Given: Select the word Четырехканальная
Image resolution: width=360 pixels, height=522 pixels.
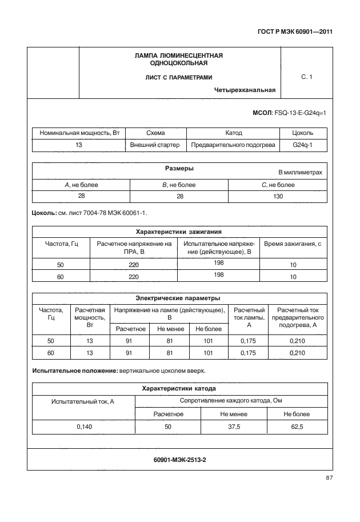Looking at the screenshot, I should coord(245,90).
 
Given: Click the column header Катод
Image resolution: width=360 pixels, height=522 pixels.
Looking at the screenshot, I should coord(234,133).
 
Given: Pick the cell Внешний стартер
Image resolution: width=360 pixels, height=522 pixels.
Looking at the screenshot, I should coord(155,145).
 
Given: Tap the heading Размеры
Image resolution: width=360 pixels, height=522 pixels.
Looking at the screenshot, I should coord(179,169).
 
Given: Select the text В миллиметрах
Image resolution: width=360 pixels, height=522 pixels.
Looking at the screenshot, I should coord(300,172).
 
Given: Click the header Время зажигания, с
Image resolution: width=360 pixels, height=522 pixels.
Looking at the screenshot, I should coord(293,244).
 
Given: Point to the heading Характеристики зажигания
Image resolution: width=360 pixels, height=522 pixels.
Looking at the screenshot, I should coord(179,232).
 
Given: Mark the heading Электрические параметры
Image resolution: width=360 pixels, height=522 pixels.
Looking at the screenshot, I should coord(179,298).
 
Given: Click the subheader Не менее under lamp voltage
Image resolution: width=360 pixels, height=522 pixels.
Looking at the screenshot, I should coord(169,329).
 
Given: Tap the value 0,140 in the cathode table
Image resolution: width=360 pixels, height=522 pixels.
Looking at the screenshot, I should coord(83,426).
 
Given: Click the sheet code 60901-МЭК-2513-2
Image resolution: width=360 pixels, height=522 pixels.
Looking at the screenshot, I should coord(179,459).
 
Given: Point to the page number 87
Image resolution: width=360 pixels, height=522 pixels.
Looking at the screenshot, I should coord(329,477).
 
